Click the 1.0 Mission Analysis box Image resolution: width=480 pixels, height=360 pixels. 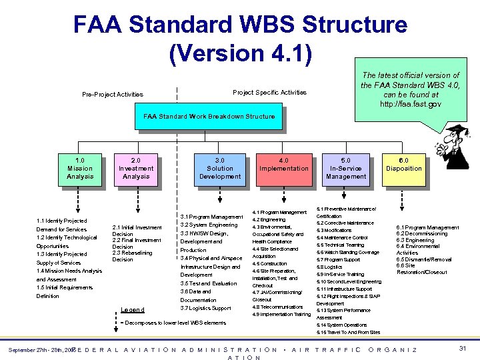click(80, 169)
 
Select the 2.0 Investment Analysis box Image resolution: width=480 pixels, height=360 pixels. click(136, 169)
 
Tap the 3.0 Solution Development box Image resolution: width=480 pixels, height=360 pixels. click(220, 169)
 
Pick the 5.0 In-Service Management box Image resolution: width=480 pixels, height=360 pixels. click(345, 169)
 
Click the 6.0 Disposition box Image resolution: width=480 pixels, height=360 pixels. click(404, 165)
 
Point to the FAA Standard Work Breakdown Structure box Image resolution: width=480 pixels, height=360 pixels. click(209, 117)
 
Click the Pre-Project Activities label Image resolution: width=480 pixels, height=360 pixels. click(112, 95)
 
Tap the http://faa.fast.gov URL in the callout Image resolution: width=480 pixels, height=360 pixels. click(410, 105)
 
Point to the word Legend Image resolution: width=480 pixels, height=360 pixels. click(133, 309)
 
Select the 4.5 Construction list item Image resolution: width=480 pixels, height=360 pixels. click(269, 263)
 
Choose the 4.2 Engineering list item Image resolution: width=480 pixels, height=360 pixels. click(269, 219)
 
